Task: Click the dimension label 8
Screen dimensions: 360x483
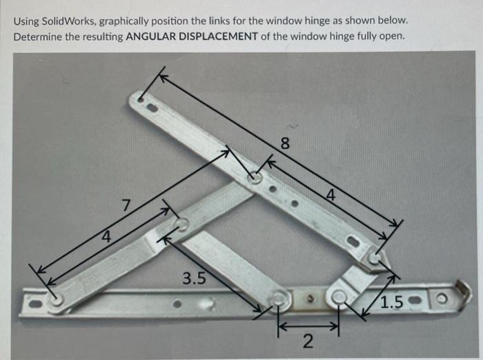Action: (284, 144)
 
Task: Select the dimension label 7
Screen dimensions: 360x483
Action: (125, 205)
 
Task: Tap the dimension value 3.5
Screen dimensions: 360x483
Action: (194, 279)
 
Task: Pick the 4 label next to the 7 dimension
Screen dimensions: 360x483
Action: (106, 237)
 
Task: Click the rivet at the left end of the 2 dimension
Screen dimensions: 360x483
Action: (279, 299)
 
